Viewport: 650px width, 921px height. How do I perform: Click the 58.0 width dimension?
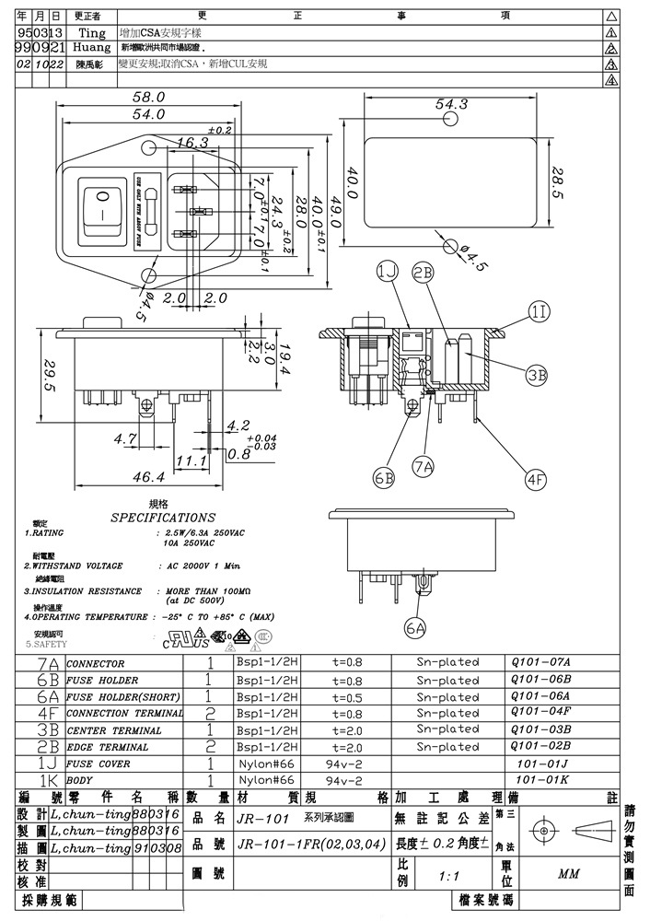pyautogui.click(x=148, y=97)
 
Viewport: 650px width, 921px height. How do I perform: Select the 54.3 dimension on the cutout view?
pyautogui.click(x=451, y=104)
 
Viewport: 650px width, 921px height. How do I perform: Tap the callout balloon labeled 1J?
pyautogui.click(x=388, y=271)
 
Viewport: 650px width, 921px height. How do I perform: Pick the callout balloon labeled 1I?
pyautogui.click(x=540, y=312)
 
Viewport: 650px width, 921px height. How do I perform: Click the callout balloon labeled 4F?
pyautogui.click(x=536, y=478)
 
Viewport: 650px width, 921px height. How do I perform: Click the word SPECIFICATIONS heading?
pyautogui.click(x=163, y=518)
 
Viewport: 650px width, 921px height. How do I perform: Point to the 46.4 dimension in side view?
pyautogui.click(x=148, y=477)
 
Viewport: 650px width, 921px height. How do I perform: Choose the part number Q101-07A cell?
pyautogui.click(x=540, y=662)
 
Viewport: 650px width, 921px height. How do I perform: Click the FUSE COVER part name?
pyautogui.click(x=99, y=764)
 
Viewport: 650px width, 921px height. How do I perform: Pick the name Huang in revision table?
pyautogui.click(x=91, y=47)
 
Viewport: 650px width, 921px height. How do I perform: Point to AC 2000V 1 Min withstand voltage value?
pyautogui.click(x=203, y=565)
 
